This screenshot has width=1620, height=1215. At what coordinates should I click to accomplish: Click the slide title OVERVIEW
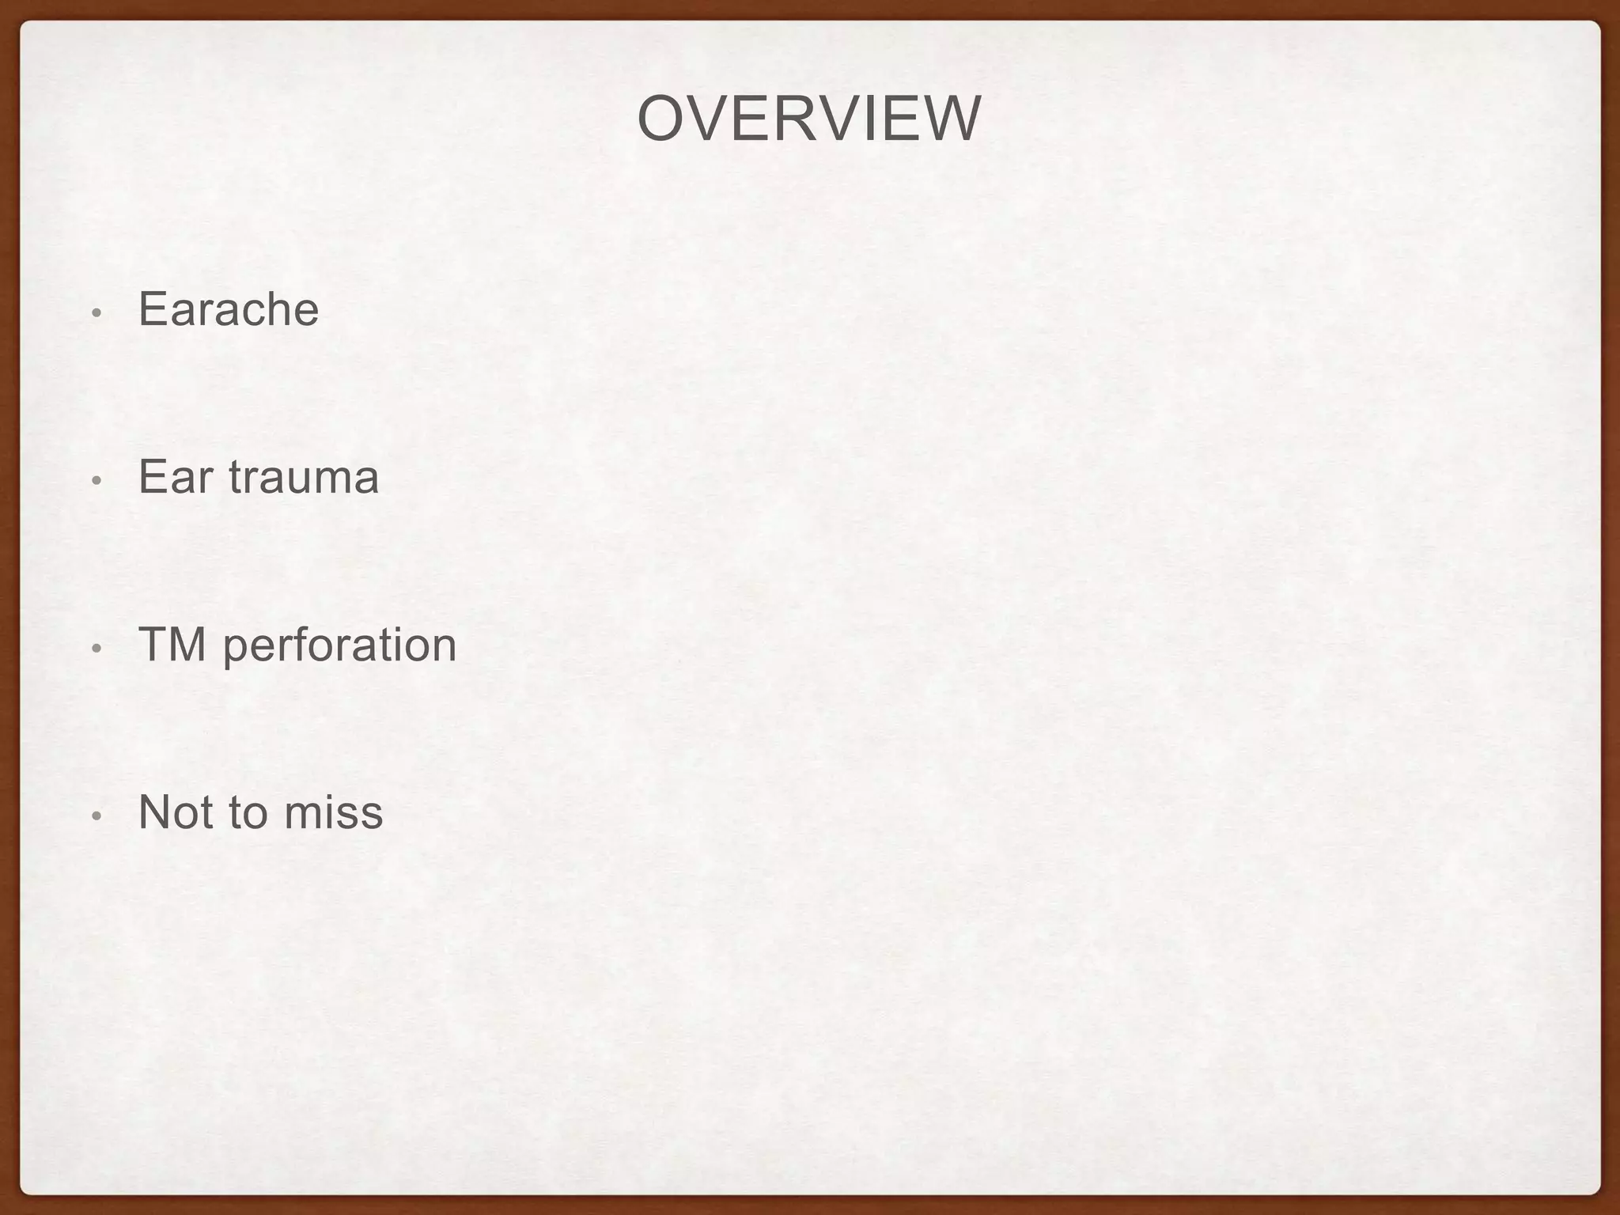pos(808,119)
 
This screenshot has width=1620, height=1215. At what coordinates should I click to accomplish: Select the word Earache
pos(229,308)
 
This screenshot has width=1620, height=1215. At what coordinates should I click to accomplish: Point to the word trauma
pos(304,477)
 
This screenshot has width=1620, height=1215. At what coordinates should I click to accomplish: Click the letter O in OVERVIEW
pos(661,119)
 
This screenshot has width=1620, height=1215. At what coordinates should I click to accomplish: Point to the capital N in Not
pos(153,812)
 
